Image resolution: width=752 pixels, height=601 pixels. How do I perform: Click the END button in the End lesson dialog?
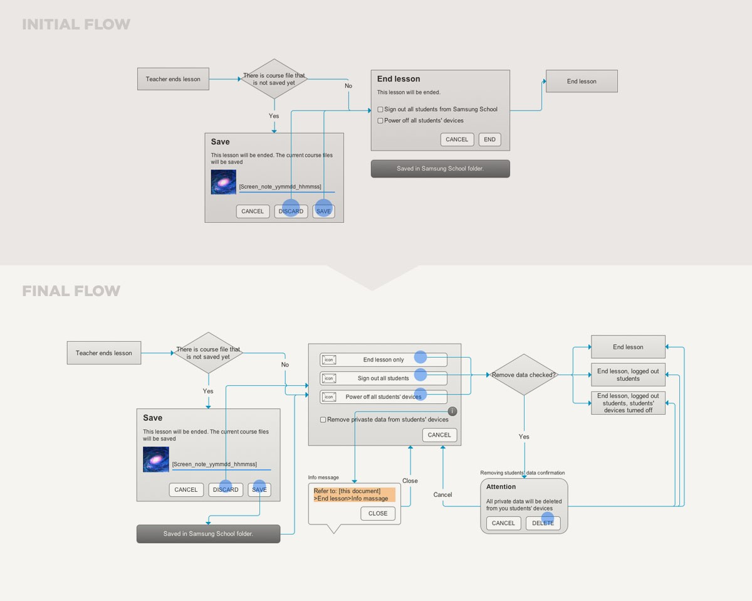[489, 139]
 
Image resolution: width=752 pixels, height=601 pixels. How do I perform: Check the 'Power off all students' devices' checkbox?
[380, 120]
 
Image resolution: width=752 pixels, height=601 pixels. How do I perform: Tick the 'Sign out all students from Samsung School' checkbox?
[380, 109]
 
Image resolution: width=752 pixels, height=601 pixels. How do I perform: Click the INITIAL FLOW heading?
[76, 24]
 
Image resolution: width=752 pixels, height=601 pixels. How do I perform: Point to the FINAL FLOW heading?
[71, 291]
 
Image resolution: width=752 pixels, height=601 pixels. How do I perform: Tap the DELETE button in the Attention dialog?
[543, 523]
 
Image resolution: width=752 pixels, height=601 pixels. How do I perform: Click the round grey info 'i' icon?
[452, 412]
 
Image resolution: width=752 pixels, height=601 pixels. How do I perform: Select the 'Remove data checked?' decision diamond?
[524, 375]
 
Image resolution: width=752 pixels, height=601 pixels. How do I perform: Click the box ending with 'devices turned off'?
[628, 403]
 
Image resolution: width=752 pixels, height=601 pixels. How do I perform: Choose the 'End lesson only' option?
[384, 359]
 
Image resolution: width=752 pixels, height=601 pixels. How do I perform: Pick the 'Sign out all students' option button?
[384, 378]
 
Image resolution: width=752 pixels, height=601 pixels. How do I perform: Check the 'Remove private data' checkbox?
[323, 420]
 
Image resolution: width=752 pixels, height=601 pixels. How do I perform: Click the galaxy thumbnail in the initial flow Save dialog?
[224, 182]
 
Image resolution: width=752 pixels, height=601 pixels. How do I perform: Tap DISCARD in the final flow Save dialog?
[226, 489]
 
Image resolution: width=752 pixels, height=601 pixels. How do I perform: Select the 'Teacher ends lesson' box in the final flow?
[104, 353]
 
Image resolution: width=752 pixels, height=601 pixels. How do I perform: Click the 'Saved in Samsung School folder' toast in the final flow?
[208, 534]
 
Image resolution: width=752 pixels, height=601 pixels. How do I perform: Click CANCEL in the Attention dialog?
[503, 523]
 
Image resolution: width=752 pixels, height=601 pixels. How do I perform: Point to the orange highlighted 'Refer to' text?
[354, 494]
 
